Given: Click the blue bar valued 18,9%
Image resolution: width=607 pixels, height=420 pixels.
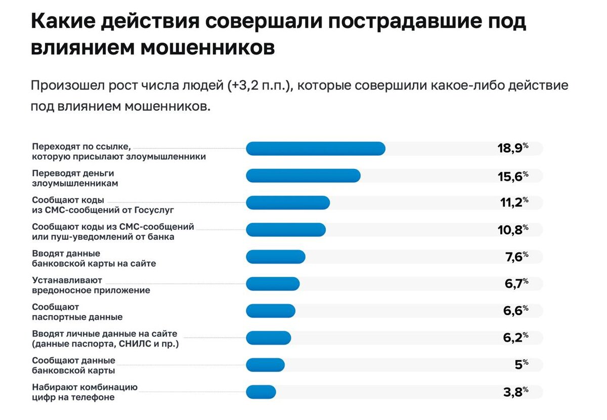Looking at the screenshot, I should click(x=315, y=148).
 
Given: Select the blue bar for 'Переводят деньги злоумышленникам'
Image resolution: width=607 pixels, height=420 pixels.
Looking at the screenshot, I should click(x=303, y=176).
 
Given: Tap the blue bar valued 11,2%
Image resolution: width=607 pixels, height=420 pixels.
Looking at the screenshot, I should click(x=287, y=203).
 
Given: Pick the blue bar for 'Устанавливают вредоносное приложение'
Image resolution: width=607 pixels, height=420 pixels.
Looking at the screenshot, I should click(x=273, y=284).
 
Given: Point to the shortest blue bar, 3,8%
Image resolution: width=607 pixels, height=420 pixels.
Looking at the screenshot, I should click(x=261, y=392).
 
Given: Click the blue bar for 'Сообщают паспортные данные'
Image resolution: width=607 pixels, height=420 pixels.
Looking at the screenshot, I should click(x=270, y=311).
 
